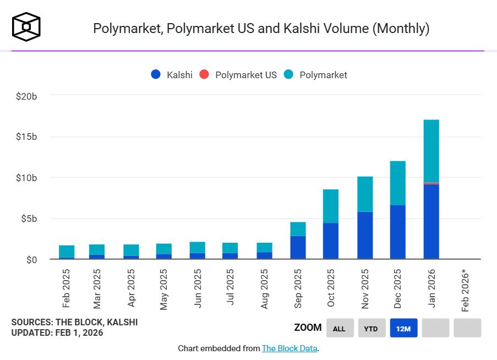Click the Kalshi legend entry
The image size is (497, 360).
[172, 75]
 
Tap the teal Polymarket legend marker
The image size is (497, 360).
[289, 75]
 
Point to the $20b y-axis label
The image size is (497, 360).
[26, 96]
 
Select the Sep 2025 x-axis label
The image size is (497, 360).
[298, 289]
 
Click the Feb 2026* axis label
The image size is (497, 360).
[466, 291]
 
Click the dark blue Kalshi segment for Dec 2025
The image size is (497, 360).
[397, 232]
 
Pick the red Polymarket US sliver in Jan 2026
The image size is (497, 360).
[431, 183]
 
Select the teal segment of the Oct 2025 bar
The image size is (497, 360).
[331, 206]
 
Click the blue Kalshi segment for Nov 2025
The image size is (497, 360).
[365, 235]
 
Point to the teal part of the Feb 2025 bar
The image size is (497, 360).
[67, 251]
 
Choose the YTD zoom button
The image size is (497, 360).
[371, 328]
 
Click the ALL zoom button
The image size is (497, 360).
[340, 328]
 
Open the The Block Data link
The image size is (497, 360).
[290, 348]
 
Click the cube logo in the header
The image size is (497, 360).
[26, 26]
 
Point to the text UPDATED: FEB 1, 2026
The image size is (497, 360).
[57, 332]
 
